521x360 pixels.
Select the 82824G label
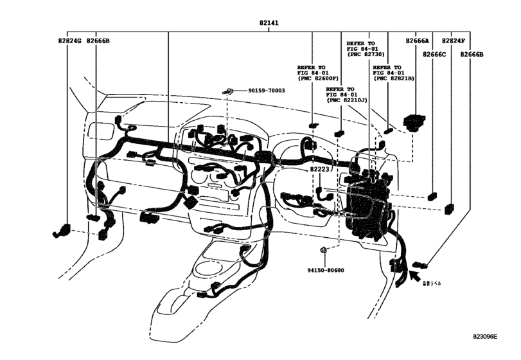69,41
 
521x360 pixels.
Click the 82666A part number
418,41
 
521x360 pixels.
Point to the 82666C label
434,55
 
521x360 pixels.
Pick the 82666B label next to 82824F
472,55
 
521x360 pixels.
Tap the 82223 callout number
319,170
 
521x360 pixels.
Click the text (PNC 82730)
366,55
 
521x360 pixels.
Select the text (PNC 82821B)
394,78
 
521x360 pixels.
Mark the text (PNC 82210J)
347,100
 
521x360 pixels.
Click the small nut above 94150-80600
324,249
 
